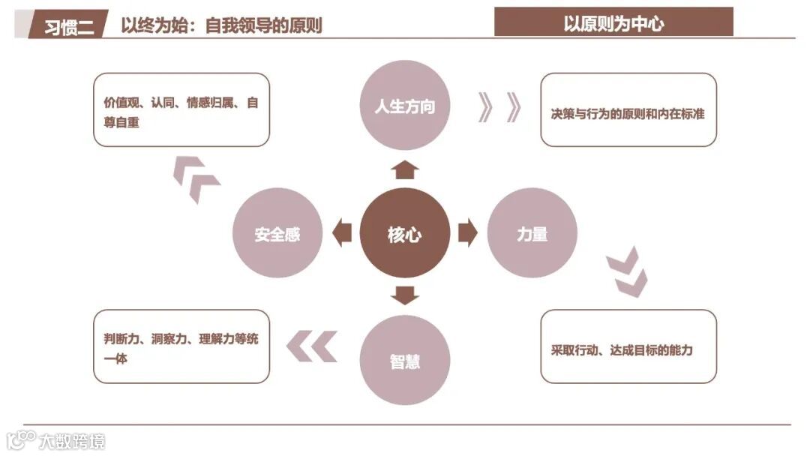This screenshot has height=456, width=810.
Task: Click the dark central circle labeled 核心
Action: (405, 234)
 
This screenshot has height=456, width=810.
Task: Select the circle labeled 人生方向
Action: (405, 105)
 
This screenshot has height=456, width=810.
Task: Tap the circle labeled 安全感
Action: (277, 234)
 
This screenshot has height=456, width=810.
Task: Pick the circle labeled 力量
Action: (532, 233)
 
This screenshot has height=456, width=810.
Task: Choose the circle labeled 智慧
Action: (405, 361)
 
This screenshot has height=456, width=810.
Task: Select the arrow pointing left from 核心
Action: (342, 233)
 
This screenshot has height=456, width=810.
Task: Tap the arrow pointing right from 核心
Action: (467, 233)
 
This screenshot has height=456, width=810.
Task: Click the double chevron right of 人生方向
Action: (499, 107)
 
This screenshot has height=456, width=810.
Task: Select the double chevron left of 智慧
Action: (312, 346)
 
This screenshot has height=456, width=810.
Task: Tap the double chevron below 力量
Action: (627, 271)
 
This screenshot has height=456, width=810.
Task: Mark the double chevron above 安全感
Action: (196, 179)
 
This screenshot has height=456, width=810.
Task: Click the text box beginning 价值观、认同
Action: (181, 109)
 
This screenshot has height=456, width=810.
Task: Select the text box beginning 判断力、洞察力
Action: (181, 346)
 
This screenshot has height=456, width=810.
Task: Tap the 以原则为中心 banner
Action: (613, 22)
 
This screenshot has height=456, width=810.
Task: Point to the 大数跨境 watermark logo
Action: (56, 440)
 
